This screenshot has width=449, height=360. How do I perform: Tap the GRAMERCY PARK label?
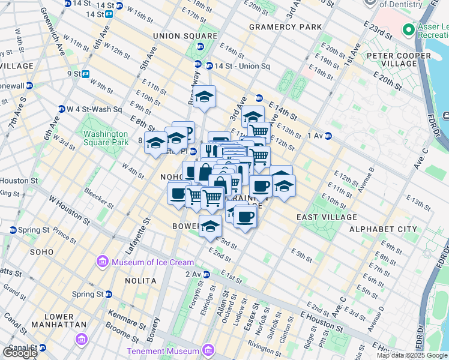tap(285, 27)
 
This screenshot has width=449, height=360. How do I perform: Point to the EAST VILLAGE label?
tap(327, 217)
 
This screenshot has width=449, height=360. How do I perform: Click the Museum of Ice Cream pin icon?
tap(101, 262)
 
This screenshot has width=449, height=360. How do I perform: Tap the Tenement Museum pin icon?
tap(208, 350)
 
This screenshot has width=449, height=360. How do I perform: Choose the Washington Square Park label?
tap(106, 138)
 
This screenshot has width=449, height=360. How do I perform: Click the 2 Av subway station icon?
tap(206, 274)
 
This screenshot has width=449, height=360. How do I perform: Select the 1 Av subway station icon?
tap(328, 136)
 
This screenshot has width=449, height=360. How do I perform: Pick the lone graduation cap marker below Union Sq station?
tap(204, 97)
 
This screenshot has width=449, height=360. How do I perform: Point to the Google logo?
tap(19, 353)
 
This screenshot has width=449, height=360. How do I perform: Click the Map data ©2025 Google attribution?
tap(412, 355)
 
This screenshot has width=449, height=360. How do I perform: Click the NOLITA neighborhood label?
tap(141, 281)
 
